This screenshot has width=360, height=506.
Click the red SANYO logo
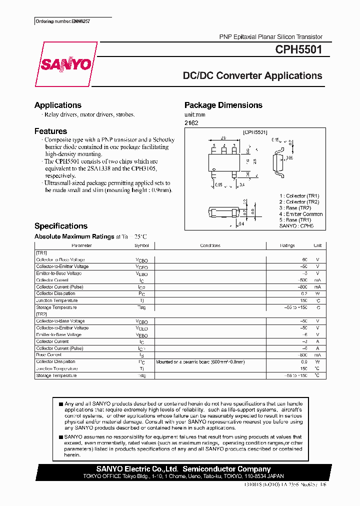point(65,64)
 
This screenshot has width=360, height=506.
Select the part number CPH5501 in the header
point(298,49)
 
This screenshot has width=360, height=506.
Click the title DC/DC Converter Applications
point(252,76)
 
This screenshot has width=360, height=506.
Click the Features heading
point(50,131)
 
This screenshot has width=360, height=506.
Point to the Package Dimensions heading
point(223,105)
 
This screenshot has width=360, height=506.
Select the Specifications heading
point(60,226)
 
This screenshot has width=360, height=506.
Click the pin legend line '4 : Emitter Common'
point(300,214)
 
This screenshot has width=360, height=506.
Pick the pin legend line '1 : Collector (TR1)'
point(299,196)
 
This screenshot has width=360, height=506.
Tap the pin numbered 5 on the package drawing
point(214,146)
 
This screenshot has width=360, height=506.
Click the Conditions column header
point(210,246)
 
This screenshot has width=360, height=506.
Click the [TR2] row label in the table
point(41,314)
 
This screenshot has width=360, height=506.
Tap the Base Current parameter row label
point(49,354)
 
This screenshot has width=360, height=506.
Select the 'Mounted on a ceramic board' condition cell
point(200,361)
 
